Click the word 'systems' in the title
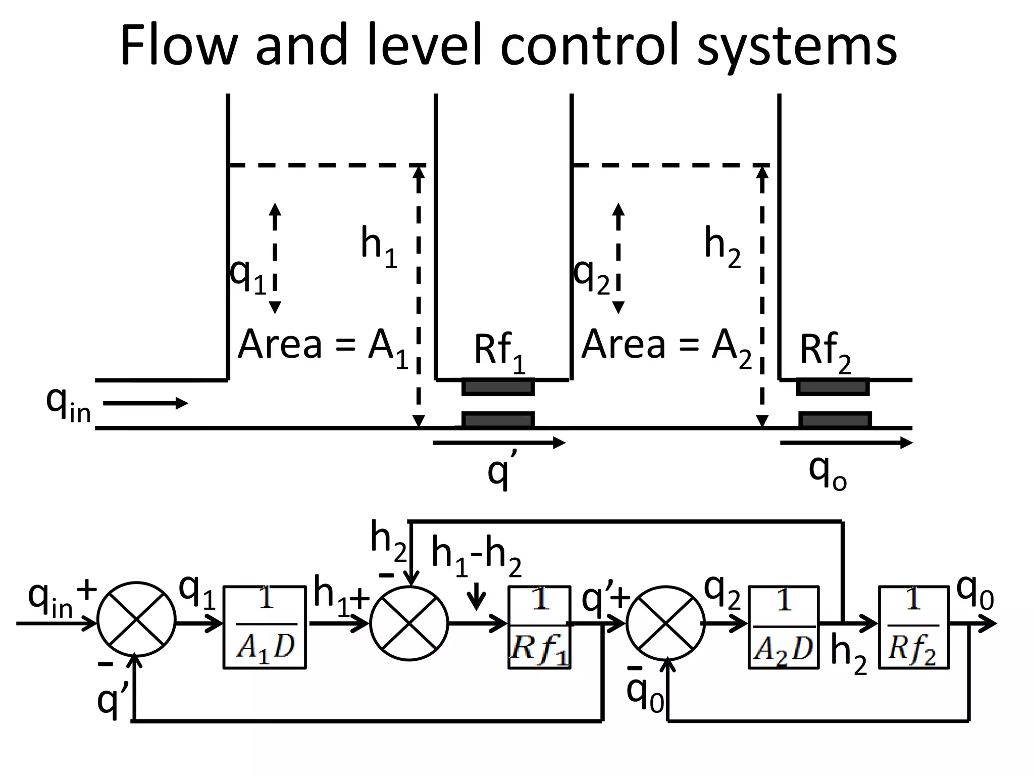[797, 46]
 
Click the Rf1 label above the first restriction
[498, 352]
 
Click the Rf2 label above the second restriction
[824, 352]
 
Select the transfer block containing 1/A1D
[265, 627]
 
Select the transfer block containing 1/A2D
[783, 627]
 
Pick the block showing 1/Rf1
[539, 627]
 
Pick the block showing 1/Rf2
[913, 627]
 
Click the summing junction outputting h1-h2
[409, 623]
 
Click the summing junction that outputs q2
[665, 623]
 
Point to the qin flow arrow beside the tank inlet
[145, 403]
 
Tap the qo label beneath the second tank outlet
[827, 473]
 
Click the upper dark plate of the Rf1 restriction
[498, 387]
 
